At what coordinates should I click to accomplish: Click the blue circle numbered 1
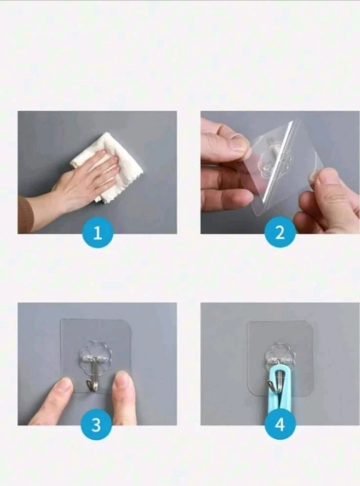(98, 233)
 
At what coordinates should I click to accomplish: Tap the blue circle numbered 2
(280, 233)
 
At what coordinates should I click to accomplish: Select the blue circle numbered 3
(97, 424)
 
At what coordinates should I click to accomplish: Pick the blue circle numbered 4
(280, 424)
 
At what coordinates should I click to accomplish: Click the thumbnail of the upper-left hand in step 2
(238, 145)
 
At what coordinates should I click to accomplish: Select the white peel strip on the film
(278, 161)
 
